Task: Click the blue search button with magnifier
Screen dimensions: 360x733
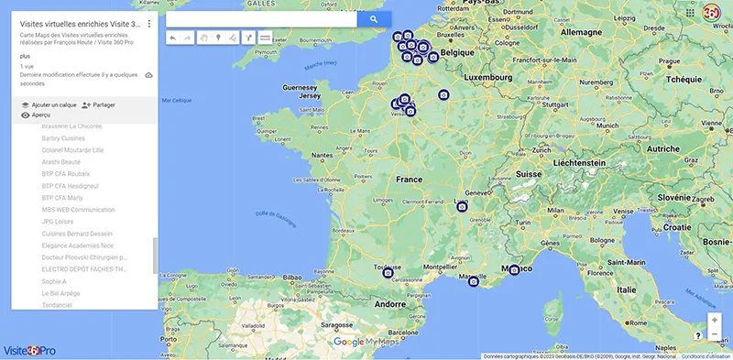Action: pos(374,18)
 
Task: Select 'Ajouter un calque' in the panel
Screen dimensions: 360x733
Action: pos(49,105)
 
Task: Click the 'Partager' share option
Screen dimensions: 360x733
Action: pos(98,105)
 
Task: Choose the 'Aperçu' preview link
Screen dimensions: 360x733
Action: pos(35,115)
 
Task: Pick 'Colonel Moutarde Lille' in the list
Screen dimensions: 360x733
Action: pos(73,149)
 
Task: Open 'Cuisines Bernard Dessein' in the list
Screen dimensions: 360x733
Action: pos(76,234)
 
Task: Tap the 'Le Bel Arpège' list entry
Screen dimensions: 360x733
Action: pos(61,293)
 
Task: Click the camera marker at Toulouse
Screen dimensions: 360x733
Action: pos(388,272)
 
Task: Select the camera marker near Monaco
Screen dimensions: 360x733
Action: pos(515,270)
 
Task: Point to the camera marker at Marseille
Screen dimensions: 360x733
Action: pos(474,281)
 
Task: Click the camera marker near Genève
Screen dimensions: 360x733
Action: pos(463,208)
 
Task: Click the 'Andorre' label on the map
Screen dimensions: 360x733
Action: pos(390,303)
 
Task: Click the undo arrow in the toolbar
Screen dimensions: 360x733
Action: pos(173,38)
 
